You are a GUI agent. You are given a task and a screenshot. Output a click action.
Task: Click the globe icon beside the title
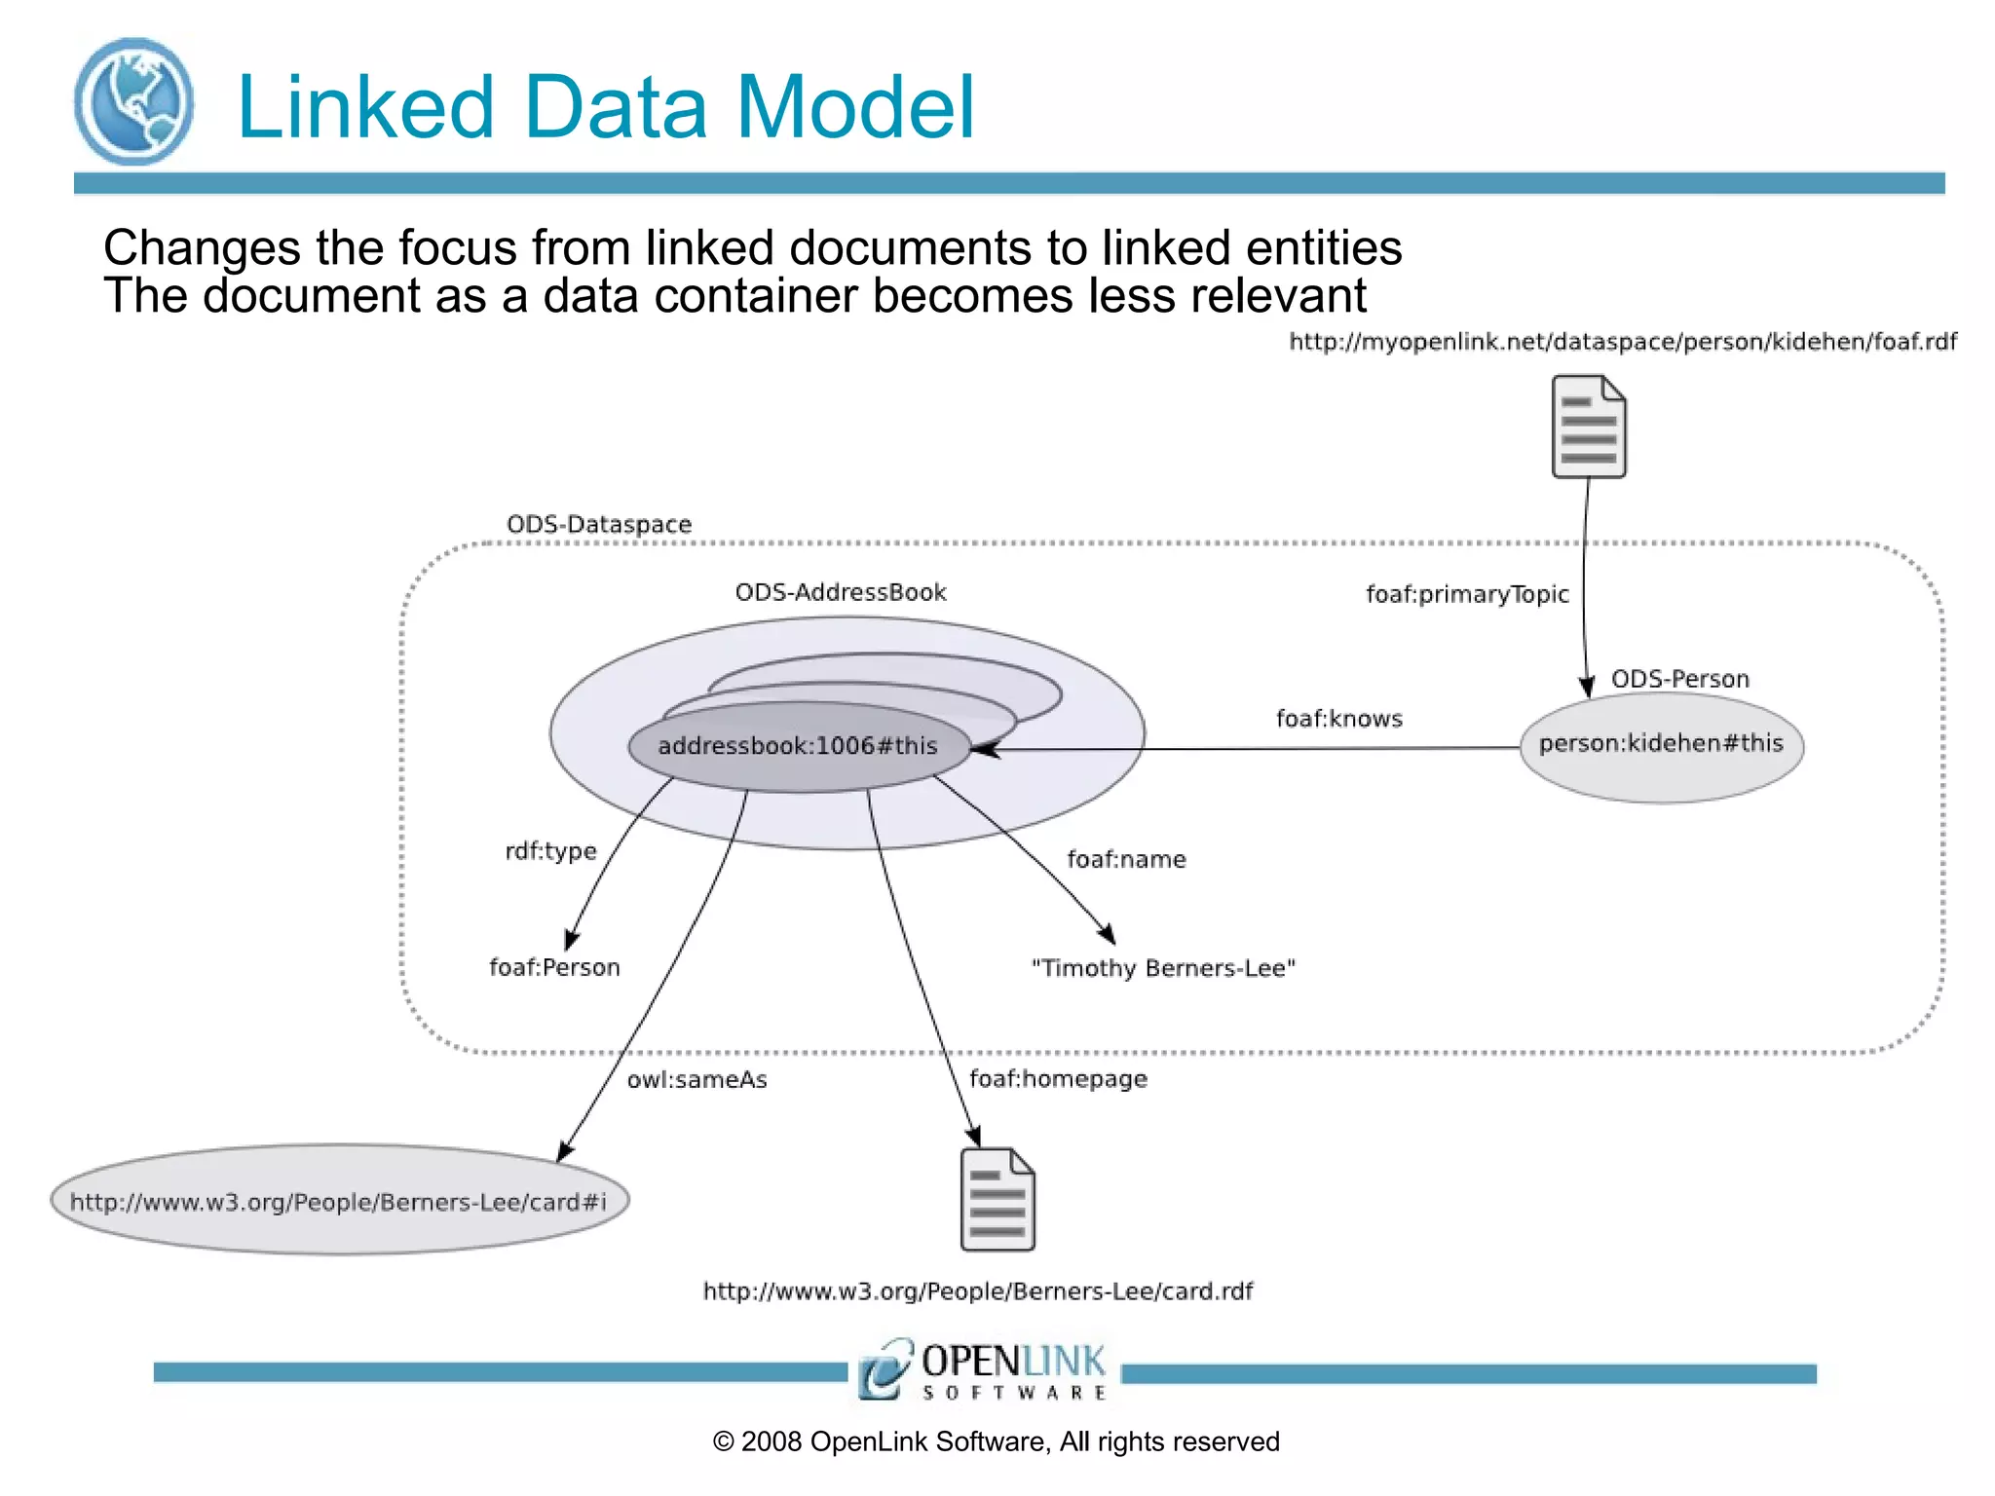[133, 102]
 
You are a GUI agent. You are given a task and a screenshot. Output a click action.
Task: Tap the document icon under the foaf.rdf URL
[1588, 427]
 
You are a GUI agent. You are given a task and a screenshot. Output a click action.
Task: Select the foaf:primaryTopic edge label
[1466, 594]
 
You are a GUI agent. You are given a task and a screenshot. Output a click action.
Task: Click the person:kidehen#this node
[1661, 744]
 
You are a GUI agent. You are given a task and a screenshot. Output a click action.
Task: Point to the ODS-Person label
[1679, 679]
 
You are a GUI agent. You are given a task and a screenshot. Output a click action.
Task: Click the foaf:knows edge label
[1338, 719]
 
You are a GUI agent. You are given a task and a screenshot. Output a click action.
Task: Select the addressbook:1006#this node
[797, 746]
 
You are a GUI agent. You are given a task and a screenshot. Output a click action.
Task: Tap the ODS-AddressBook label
[840, 592]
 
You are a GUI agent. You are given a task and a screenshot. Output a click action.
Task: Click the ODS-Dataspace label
[598, 524]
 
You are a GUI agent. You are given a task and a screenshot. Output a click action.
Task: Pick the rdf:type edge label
[550, 851]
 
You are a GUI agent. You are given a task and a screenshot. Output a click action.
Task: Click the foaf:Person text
[554, 967]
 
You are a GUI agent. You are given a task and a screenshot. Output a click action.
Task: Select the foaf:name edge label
[1126, 859]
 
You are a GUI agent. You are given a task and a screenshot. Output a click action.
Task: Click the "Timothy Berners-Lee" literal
[1163, 968]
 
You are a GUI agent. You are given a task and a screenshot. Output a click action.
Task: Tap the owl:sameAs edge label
[696, 1079]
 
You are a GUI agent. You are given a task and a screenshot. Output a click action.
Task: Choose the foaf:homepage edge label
[1058, 1079]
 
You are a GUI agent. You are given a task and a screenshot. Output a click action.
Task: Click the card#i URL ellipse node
[339, 1201]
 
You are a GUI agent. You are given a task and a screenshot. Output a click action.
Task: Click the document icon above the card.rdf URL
[997, 1200]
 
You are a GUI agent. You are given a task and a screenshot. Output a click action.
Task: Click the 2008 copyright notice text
[996, 1441]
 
